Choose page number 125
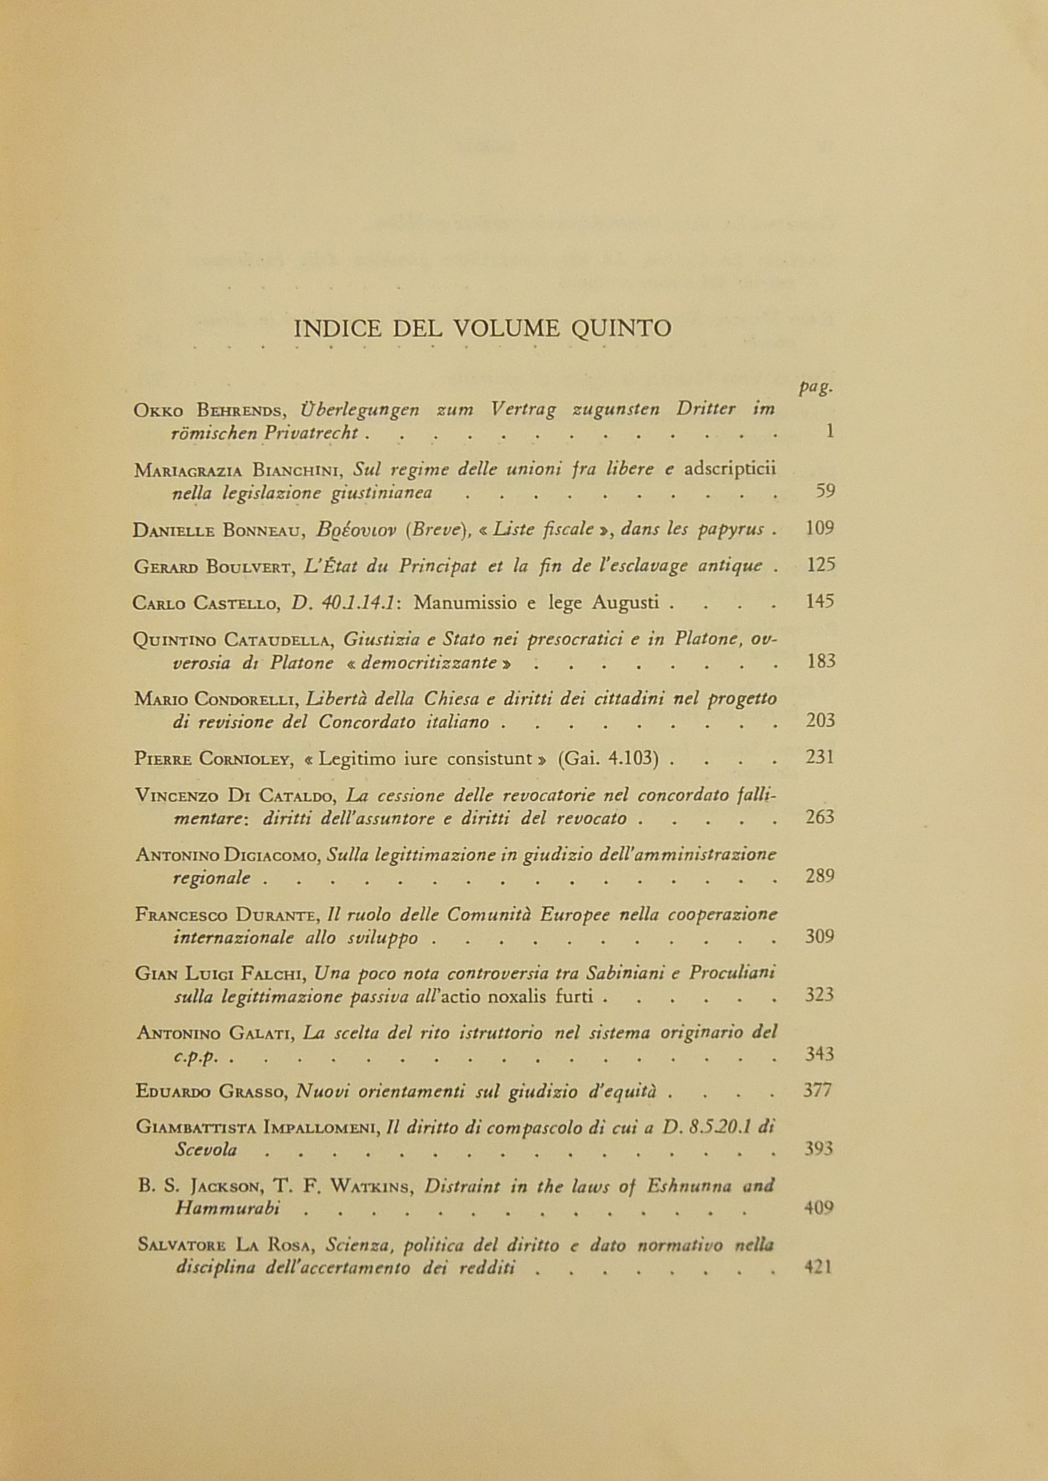point(821,565)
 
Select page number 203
point(821,720)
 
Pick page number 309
point(820,936)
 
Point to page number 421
point(819,1267)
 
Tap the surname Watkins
point(374,1186)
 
